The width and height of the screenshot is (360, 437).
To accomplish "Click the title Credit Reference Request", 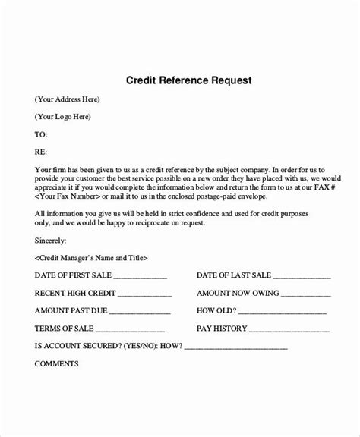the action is (x=179, y=80).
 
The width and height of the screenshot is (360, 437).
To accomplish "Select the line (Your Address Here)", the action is (x=68, y=99).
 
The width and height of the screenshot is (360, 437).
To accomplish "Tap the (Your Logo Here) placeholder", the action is (x=63, y=116).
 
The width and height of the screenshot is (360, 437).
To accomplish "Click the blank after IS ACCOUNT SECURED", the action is (x=235, y=347).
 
